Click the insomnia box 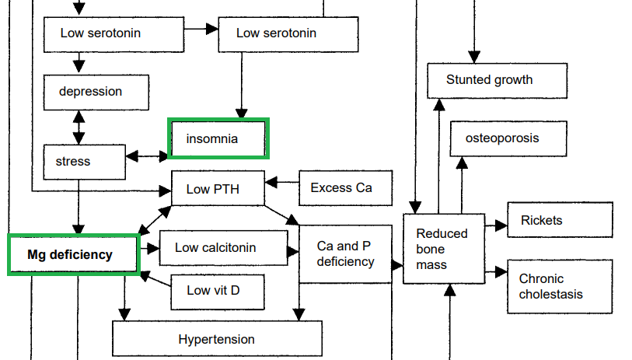click(x=218, y=138)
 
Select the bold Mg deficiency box click(x=72, y=254)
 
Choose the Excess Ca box click(x=342, y=188)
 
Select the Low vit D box click(x=217, y=291)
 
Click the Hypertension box click(x=217, y=339)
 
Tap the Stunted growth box click(x=489, y=80)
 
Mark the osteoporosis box click(x=501, y=138)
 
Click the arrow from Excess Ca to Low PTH click(x=282, y=183)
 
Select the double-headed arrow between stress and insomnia click(x=147, y=156)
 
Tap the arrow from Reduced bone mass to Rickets click(x=494, y=225)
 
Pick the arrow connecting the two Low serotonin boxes click(x=201, y=30)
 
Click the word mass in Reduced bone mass click(x=431, y=265)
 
